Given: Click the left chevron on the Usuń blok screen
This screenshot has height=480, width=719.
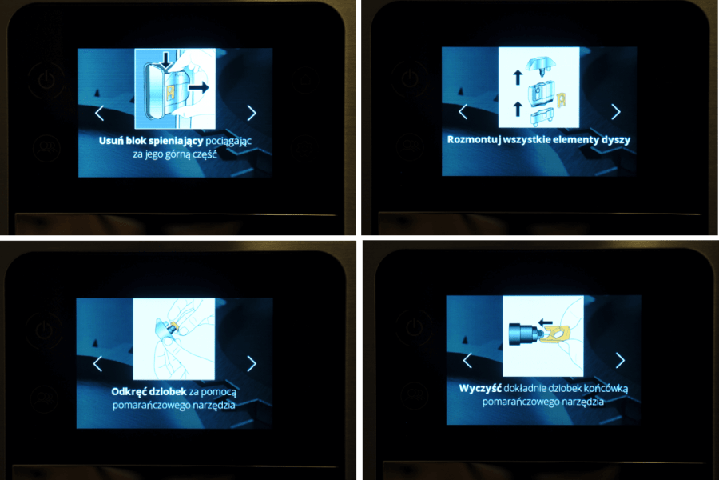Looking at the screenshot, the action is pos(99,113).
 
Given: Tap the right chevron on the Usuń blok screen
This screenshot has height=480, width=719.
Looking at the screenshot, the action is pos(252,113).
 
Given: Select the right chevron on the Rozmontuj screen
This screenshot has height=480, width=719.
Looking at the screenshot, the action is pos(616,112).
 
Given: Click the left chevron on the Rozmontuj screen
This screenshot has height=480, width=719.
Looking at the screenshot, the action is pos(463,112).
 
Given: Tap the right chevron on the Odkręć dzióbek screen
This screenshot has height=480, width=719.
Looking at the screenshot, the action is pos(252,363).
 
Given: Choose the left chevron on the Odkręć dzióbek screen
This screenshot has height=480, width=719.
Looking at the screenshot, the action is pos(97,363).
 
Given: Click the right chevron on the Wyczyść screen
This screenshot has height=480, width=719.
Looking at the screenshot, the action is pos(620,360).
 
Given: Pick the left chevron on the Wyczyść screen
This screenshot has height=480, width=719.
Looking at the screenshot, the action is pos(467,360).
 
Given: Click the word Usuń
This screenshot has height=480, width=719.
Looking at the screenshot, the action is pos(111,140).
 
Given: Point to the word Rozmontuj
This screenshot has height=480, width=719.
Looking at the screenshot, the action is pos(474,140).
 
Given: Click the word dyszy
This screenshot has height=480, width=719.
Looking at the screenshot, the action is pos(616,140).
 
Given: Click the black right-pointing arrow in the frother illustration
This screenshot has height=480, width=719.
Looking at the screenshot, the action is pos(199,87).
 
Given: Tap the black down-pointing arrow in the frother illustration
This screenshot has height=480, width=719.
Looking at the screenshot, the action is pos(166,61).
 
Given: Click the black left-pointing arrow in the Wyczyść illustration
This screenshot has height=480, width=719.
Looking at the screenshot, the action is pos(546,322).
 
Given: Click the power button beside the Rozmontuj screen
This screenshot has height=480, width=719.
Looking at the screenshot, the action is pos(410,78).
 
